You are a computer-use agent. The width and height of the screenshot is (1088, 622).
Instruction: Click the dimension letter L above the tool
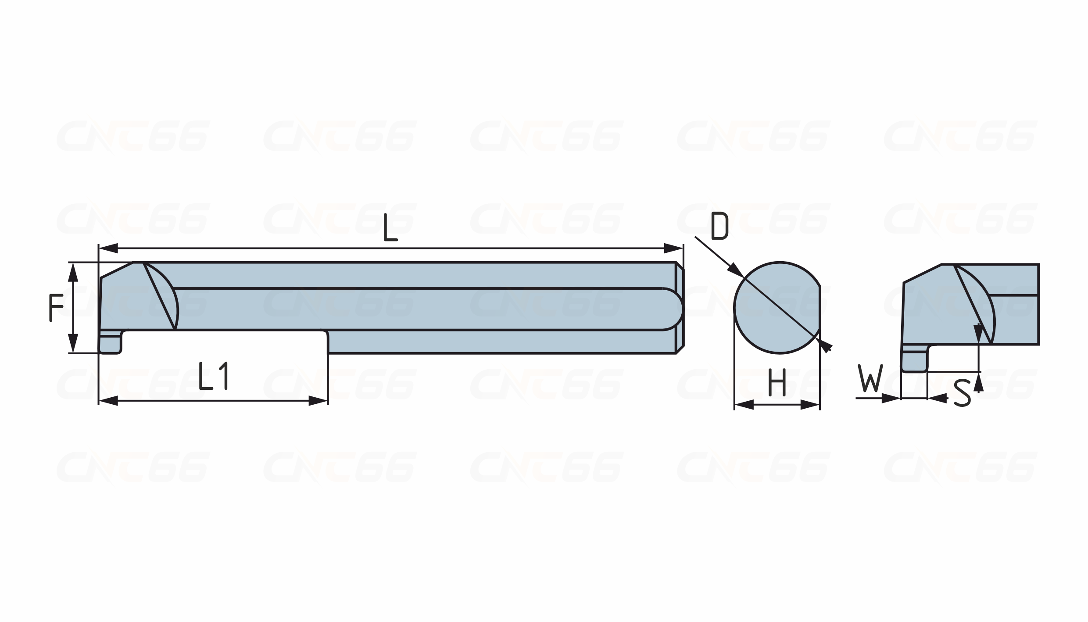click(x=390, y=227)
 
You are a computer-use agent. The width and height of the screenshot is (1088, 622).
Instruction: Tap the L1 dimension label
click(x=213, y=376)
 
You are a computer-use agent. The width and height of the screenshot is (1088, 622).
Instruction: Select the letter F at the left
click(x=56, y=308)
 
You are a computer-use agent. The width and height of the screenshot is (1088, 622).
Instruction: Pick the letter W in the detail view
click(x=870, y=378)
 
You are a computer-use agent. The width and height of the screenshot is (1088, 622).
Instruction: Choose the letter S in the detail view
click(x=962, y=393)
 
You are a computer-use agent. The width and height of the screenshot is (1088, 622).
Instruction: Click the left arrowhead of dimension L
click(x=108, y=248)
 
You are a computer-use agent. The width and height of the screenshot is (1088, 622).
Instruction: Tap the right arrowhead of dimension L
click(x=673, y=248)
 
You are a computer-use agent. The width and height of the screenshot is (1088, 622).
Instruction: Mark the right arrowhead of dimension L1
click(x=318, y=401)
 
